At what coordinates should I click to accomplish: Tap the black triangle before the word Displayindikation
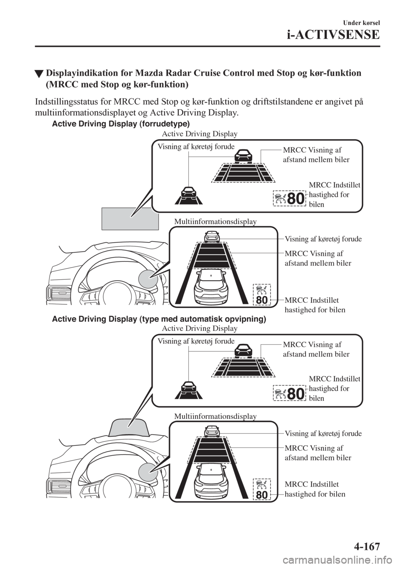tap(39, 74)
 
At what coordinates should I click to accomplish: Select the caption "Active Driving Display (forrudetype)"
tap(121, 124)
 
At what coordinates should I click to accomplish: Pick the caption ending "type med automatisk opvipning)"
tap(159, 319)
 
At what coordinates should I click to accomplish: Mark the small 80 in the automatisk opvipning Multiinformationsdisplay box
tap(262, 495)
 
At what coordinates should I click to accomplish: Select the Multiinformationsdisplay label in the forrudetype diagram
tap(215, 221)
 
